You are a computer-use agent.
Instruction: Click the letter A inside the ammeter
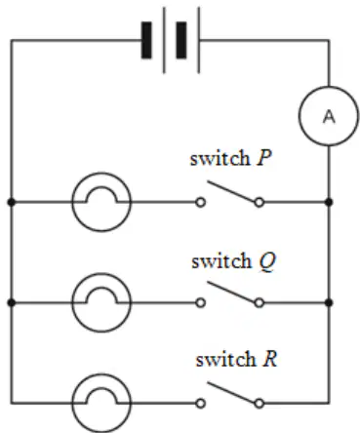coord(329,117)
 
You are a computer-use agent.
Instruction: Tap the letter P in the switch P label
coord(263,158)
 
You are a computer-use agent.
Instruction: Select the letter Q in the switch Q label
coord(267,261)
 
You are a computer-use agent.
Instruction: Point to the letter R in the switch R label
coord(269,359)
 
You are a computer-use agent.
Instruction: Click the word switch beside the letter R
coord(226,359)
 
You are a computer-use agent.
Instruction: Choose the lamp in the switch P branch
coord(101,202)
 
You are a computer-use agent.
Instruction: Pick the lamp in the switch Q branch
coord(101,302)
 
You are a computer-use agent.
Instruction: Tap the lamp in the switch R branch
coord(101,404)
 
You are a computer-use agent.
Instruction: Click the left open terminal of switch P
coord(201,202)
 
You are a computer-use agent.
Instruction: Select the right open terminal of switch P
coord(259,202)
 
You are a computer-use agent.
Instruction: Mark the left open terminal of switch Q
coord(201,303)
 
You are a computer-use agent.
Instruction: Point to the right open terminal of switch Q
coord(259,303)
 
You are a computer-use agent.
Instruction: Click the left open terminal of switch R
coord(201,404)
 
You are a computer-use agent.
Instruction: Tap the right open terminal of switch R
coord(259,404)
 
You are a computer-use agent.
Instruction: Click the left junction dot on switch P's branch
coord(12,202)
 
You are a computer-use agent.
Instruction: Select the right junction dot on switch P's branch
coord(329,202)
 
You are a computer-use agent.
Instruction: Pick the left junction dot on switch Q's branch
coord(12,303)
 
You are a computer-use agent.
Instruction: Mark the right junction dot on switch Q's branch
coord(329,303)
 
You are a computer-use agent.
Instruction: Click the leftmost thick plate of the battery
coord(146,40)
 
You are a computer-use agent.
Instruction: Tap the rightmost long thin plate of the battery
coord(198,40)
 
